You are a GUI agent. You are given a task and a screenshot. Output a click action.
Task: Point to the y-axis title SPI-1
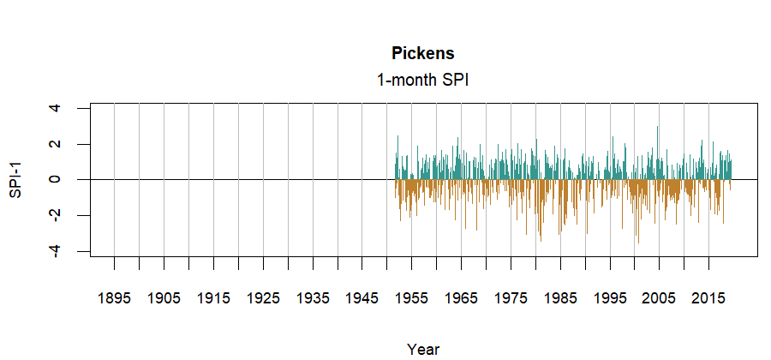15,179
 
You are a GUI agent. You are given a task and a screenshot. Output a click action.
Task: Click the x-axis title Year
423,349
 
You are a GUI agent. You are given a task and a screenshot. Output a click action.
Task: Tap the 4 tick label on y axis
56,109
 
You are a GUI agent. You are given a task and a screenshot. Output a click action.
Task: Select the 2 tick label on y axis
56,144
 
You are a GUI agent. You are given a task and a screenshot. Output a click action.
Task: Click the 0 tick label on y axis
56,180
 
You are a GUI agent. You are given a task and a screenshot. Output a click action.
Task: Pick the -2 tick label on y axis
56,215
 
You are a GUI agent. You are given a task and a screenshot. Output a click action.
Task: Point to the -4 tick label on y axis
56,251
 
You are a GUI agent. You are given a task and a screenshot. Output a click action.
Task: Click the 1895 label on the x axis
114,298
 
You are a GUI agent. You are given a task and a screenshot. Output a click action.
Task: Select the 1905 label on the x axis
164,298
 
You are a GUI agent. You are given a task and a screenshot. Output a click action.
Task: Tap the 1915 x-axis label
213,298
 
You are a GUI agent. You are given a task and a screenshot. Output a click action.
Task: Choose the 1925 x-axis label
263,298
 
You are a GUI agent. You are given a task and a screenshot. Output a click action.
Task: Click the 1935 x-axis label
313,298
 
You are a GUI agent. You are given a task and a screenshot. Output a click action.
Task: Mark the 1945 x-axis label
362,298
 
